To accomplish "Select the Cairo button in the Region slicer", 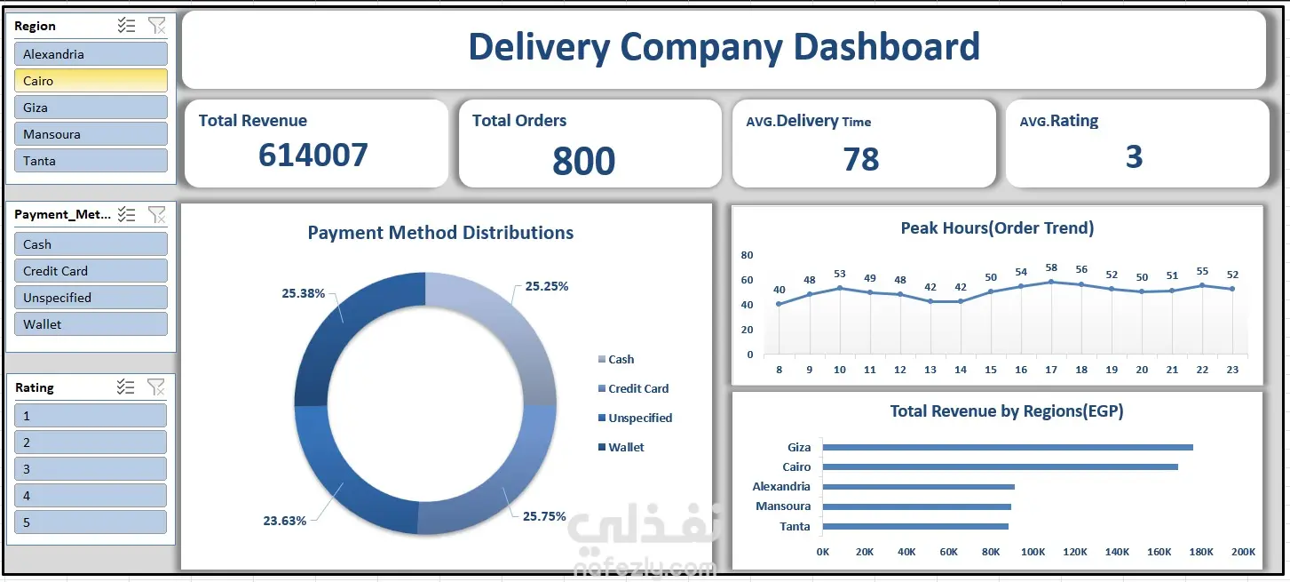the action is [91, 81].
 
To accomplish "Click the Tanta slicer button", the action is [91, 161].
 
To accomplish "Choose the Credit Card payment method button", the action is [91, 271].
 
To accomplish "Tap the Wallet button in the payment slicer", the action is [91, 324].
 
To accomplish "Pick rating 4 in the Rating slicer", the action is [91, 496].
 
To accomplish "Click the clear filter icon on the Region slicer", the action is [156, 26].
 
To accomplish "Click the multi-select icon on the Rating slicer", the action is [125, 387].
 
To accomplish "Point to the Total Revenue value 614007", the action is [313, 155].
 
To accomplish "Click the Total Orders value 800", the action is [583, 161].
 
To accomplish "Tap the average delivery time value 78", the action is [861, 159].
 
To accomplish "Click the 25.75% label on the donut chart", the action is [544, 516].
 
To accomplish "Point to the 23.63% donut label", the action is [284, 521].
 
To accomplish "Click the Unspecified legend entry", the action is [635, 418].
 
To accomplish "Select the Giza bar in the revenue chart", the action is [1008, 447].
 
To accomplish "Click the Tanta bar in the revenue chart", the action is [915, 526].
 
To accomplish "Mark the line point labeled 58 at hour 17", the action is [1051, 282].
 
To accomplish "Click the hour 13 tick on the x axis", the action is [930, 370].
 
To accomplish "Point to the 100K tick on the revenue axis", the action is [1033, 552].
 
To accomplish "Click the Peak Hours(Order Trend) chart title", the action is [997, 228].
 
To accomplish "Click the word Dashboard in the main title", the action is [886, 47].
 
